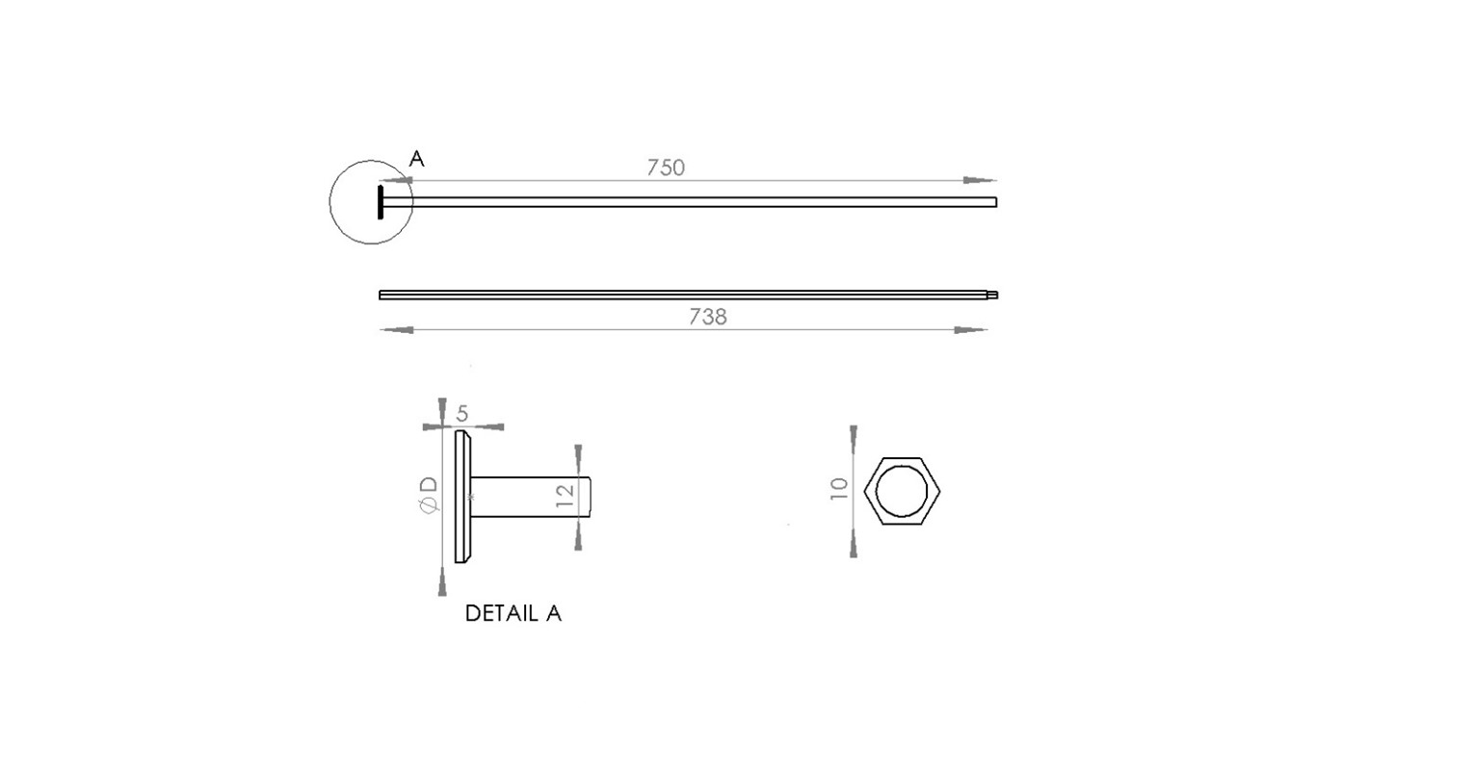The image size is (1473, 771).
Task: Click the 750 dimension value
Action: point(666,167)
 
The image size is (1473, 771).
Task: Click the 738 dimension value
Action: point(707,317)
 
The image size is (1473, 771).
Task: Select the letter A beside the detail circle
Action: point(417,159)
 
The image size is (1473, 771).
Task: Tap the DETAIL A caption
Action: point(513,613)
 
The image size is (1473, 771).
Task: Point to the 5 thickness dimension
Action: point(461,414)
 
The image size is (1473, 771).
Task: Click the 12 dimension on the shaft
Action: point(566,496)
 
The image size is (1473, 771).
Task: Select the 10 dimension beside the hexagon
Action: point(839,489)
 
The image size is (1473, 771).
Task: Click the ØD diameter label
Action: point(429,495)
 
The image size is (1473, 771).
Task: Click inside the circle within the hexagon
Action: point(902,491)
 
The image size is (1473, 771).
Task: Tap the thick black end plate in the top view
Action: point(381,202)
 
